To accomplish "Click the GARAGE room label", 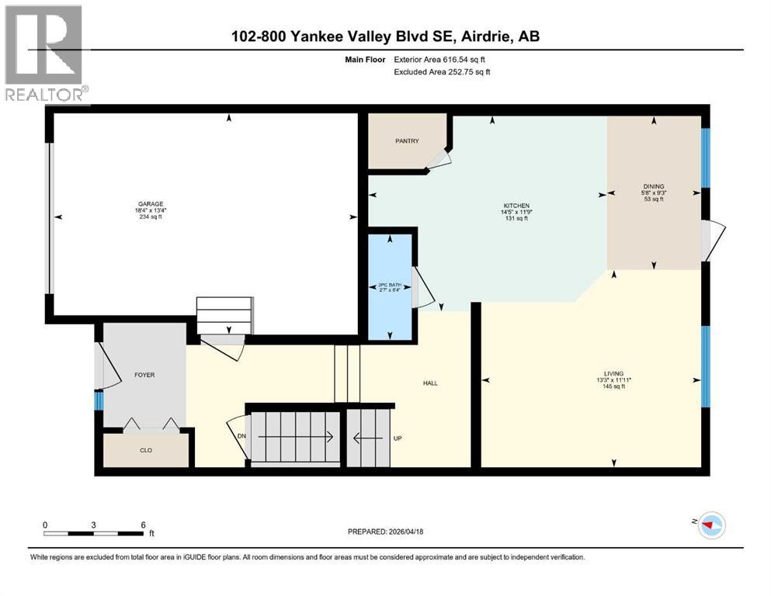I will (x=151, y=203).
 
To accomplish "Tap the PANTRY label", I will (x=407, y=140).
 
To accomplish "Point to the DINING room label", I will (x=654, y=186).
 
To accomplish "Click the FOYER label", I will (x=144, y=375).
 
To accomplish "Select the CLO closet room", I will (x=146, y=449).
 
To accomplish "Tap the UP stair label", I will (x=397, y=438).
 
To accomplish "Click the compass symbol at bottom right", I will (x=710, y=526).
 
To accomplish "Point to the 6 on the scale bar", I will (x=142, y=525).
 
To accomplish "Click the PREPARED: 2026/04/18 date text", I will (x=385, y=532).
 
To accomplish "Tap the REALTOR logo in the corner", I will (x=45, y=54).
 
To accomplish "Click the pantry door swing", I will (x=439, y=158).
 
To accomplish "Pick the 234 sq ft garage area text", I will (x=151, y=217).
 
